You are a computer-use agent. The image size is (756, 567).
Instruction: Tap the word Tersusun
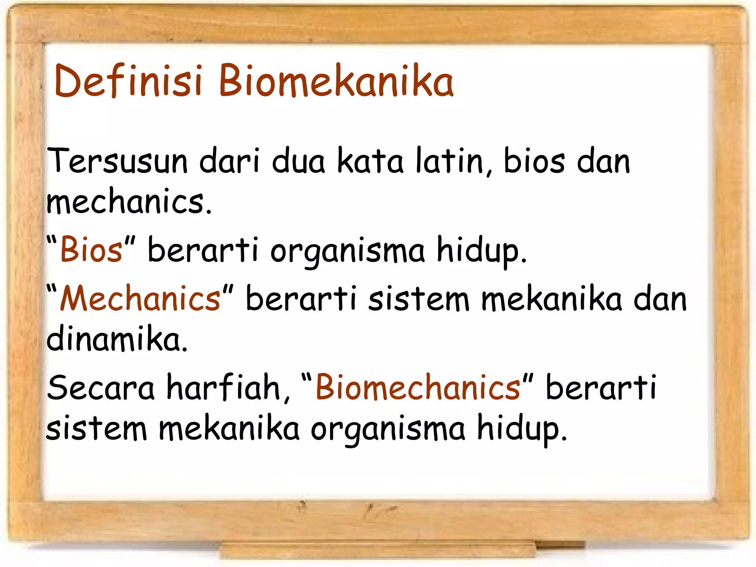point(117,161)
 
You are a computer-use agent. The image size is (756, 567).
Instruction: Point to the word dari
point(229,161)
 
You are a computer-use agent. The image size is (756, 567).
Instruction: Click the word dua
point(298,161)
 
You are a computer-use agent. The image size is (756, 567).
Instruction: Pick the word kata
point(370,161)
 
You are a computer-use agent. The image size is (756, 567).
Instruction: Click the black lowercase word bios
point(534,161)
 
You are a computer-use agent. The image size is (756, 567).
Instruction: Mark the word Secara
point(100,388)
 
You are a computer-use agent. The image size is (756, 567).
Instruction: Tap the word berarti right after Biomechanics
point(601,388)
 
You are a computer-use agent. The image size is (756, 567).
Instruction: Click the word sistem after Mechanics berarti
point(419,299)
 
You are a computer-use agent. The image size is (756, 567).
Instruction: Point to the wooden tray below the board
point(377,550)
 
